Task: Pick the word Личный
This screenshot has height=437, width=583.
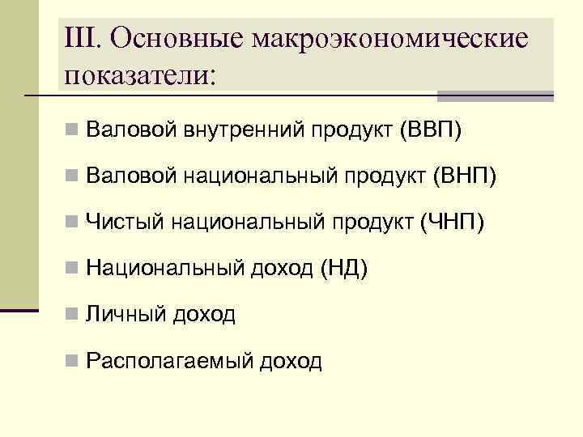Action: [125, 313]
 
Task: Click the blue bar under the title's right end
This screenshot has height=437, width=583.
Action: [495, 96]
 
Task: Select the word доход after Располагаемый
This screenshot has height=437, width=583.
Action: [290, 360]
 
